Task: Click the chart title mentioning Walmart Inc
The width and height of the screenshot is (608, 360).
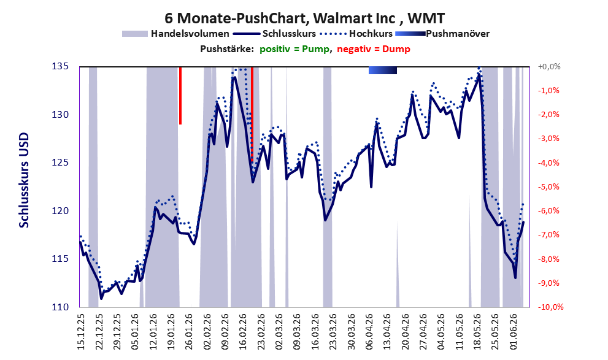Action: (x=304, y=18)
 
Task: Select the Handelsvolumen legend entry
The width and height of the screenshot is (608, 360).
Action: (x=175, y=34)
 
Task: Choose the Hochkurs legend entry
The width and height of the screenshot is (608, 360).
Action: (x=356, y=34)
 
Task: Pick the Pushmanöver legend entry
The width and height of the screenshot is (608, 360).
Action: (x=442, y=34)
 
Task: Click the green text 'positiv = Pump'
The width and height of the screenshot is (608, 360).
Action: (x=294, y=49)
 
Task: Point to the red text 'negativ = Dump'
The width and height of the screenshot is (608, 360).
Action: (x=374, y=49)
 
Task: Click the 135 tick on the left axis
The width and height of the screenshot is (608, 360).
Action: (x=60, y=66)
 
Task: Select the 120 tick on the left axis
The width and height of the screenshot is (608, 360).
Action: (x=60, y=211)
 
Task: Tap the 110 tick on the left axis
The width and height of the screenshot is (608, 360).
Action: (x=60, y=307)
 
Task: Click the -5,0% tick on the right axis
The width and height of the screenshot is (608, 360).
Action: (x=548, y=187)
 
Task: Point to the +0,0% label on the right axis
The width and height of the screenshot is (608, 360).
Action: (x=549, y=67)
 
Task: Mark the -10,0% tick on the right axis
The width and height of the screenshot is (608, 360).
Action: (x=550, y=307)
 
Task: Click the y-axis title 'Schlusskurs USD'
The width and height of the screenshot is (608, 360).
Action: (x=24, y=180)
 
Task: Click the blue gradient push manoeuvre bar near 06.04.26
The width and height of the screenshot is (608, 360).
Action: (x=383, y=70)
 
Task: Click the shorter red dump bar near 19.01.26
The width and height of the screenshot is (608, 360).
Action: (x=180, y=96)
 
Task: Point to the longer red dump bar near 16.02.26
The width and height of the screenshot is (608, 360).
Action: (x=252, y=114)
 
